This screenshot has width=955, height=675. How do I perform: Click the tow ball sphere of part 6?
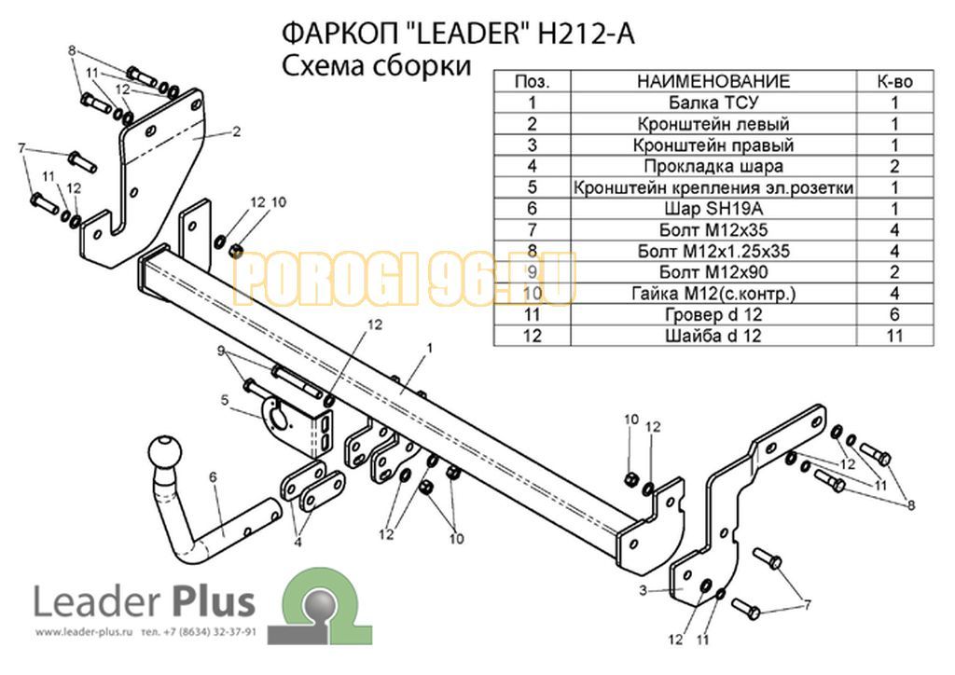[x=165, y=451]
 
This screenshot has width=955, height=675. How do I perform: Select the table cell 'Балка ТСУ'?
[x=713, y=103]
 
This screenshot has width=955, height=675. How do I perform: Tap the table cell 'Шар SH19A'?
[x=713, y=209]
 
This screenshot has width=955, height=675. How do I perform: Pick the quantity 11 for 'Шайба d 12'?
[x=894, y=336]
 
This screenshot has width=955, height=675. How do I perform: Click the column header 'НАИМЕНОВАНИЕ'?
[x=713, y=81]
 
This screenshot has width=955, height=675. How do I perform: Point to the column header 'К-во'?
[x=894, y=81]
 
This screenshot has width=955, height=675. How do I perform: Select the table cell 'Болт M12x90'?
[x=713, y=272]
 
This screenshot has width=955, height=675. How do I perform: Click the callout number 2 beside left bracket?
[x=236, y=131]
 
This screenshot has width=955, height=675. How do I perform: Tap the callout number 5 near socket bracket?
[x=225, y=401]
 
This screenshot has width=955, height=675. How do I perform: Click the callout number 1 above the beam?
[x=429, y=348]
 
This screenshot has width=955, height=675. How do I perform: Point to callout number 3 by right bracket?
[x=644, y=590]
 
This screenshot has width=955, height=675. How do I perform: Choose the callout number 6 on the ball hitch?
[x=213, y=477]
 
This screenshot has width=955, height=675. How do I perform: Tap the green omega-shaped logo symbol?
[x=320, y=606]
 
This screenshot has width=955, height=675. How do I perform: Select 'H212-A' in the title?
[x=586, y=34]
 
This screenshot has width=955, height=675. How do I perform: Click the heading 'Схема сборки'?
[x=377, y=65]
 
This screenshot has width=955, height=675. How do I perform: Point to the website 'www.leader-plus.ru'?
[x=83, y=632]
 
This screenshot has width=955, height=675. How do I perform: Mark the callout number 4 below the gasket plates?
[x=298, y=542]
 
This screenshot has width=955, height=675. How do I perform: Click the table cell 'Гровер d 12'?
[x=713, y=315]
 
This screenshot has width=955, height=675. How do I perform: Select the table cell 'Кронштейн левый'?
[x=713, y=124]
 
